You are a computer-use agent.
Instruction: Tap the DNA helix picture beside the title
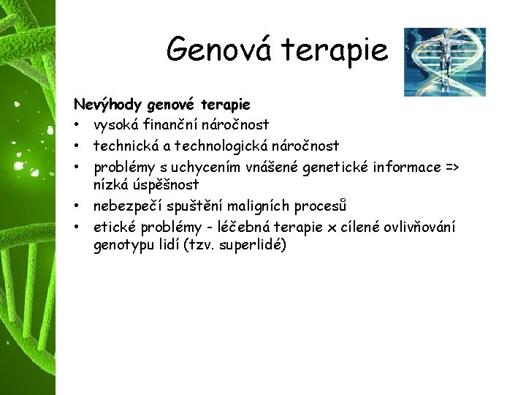click(444, 61)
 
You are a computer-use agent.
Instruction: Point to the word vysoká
click(117, 125)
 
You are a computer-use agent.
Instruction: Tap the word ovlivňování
click(415, 227)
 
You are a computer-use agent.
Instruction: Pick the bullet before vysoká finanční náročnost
click(77, 125)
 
